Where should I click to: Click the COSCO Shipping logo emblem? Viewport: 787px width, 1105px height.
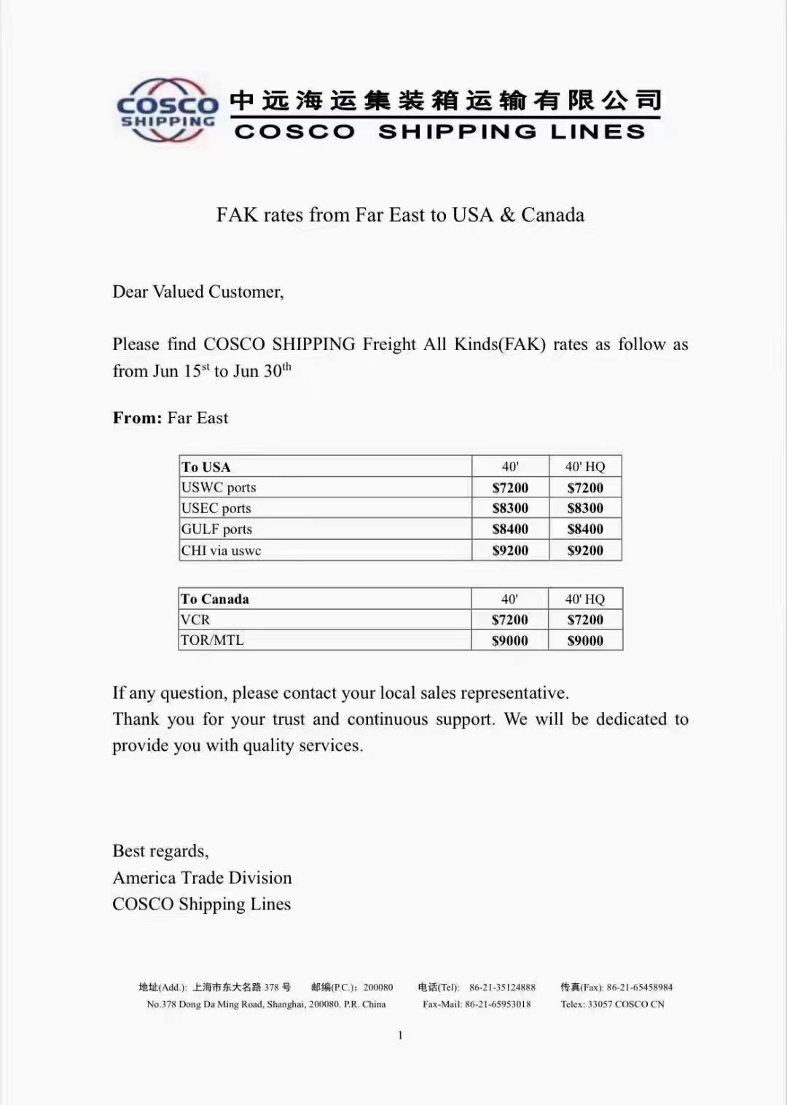point(167,110)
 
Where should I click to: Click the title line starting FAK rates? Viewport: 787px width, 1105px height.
point(400,214)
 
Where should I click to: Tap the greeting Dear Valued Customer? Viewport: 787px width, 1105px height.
point(197,292)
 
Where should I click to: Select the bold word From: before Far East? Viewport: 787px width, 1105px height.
point(137,418)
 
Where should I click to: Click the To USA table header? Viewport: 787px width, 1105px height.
point(206,467)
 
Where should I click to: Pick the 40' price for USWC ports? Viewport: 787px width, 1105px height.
point(510,488)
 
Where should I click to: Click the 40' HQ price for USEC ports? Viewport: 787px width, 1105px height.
point(585,508)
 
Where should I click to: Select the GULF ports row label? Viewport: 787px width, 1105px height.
point(216,529)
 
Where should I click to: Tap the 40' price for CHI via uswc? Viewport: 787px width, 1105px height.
point(510,551)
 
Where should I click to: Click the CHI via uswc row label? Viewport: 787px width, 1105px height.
point(221,551)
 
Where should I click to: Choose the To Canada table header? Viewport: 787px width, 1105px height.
point(215,599)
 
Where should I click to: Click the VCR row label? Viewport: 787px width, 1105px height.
point(195,619)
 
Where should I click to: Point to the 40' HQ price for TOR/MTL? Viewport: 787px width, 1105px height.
point(585,640)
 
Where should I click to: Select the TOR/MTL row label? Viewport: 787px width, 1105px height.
point(212,640)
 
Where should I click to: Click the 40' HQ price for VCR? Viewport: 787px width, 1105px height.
point(585,620)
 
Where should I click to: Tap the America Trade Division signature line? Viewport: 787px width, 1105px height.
point(202,877)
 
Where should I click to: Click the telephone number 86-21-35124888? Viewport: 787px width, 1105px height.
point(502,987)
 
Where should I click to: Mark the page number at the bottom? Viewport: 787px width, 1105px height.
point(400,1035)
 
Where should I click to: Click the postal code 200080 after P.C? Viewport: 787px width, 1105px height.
point(378,987)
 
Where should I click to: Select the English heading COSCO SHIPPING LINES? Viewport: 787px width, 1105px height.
point(440,131)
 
